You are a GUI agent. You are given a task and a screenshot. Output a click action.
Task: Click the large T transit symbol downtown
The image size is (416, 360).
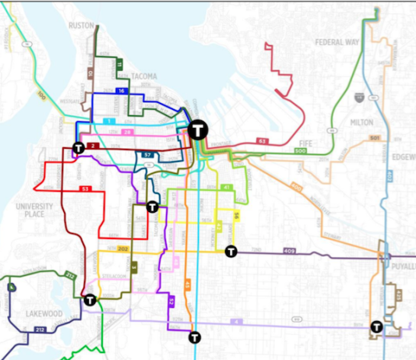click(199, 129)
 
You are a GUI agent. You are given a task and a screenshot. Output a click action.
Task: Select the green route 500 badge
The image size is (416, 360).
click(301, 150)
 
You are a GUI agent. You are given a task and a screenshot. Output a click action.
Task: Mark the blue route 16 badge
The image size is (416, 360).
click(122, 92)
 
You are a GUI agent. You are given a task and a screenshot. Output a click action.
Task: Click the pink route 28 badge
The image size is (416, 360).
click(128, 133)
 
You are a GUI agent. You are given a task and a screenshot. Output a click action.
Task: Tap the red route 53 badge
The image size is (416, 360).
click(85, 189)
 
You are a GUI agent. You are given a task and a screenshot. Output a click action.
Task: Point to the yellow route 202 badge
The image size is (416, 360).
click(122, 249)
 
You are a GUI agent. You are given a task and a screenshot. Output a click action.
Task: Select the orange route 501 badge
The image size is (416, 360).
click(374, 138)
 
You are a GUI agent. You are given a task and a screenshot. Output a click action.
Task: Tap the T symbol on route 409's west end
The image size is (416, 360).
click(231, 251)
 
